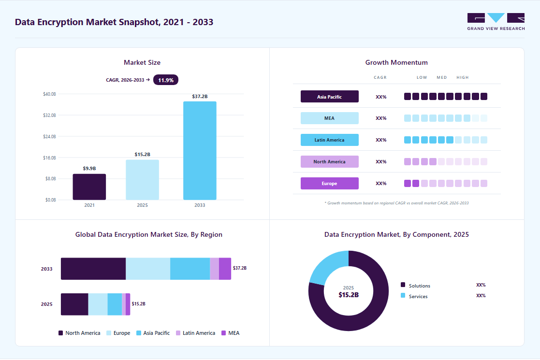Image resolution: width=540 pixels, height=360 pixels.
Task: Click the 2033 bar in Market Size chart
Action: (x=200, y=150)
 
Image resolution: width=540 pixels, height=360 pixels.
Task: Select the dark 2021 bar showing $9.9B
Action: (x=89, y=187)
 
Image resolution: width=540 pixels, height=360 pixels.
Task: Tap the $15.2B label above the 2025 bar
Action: (x=142, y=155)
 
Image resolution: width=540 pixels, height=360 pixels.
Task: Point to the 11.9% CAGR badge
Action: (x=166, y=80)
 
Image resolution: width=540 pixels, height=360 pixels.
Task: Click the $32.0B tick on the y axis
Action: (x=49, y=115)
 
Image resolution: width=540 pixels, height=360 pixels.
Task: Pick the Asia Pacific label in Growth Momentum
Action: (x=330, y=97)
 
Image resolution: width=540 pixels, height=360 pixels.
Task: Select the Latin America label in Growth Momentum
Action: (x=330, y=140)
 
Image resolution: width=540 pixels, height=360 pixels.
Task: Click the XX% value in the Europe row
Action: (x=381, y=184)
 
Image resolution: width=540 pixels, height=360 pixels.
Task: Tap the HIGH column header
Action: (x=463, y=77)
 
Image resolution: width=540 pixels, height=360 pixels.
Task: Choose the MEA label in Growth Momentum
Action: (x=330, y=118)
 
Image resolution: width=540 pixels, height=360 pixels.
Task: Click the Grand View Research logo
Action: (x=496, y=22)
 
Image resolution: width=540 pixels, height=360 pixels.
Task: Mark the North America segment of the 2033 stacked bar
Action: (x=93, y=269)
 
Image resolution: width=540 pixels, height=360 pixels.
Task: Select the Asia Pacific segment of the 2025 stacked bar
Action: (x=115, y=304)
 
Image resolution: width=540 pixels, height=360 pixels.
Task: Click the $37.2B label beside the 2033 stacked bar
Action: (x=240, y=268)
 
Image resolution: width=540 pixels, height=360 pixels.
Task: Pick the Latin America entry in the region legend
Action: (x=196, y=333)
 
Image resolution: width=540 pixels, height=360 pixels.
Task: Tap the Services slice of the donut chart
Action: (x=328, y=267)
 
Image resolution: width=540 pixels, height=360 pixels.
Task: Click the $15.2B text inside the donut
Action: (x=349, y=295)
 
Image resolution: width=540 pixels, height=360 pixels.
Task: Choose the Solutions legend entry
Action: (x=416, y=286)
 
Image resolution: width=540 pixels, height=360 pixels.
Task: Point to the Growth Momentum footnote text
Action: (x=396, y=203)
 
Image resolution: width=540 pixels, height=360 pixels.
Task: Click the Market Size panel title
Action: (x=142, y=62)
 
